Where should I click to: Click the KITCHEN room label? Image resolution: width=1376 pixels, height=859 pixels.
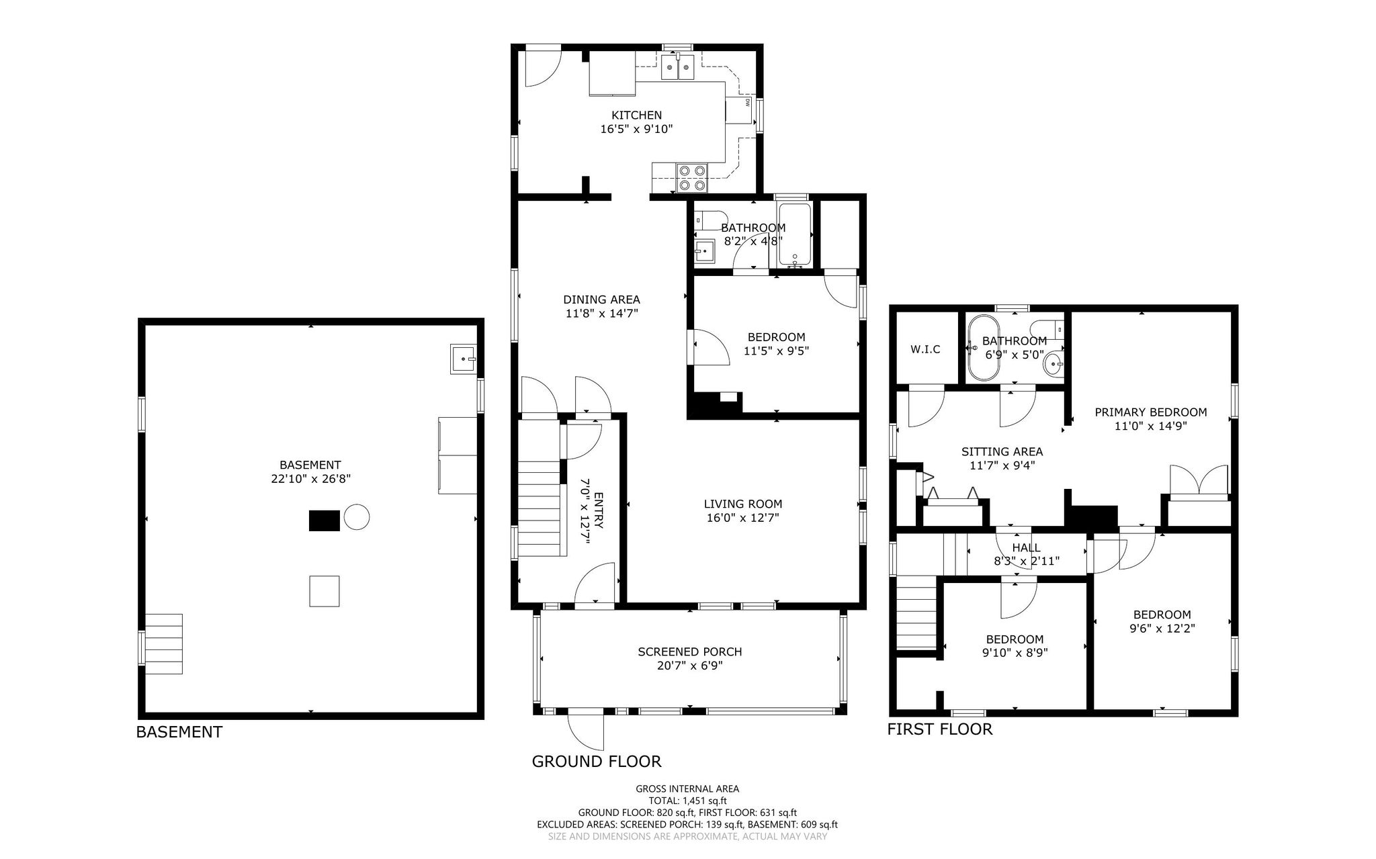click(636, 115)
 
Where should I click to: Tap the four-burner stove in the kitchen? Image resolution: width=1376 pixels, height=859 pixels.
click(692, 177)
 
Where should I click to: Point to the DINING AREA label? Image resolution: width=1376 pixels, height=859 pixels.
click(601, 300)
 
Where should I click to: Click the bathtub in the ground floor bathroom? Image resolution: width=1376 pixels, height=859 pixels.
click(795, 234)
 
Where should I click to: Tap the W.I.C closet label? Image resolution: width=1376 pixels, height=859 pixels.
click(925, 349)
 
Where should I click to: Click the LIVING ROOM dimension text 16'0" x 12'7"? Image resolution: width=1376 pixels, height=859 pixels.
click(743, 518)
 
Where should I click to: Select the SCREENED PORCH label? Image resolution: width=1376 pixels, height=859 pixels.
click(690, 651)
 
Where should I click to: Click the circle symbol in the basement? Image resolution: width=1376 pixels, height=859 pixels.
click(357, 517)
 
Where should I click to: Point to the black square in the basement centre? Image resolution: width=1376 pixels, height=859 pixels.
click(325, 521)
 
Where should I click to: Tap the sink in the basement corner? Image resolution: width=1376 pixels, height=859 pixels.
click(464, 359)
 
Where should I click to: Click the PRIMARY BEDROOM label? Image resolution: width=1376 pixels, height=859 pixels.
click(1151, 412)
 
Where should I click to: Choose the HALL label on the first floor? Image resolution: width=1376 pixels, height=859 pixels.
click(1026, 548)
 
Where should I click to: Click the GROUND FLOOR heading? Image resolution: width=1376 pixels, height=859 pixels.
click(597, 761)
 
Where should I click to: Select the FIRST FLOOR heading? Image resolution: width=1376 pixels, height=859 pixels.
click(940, 729)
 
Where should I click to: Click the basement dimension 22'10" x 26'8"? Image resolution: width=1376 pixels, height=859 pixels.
click(310, 479)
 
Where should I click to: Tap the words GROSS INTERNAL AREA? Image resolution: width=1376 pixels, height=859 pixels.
click(687, 789)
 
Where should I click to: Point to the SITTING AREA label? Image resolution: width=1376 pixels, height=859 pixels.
click(1002, 452)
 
